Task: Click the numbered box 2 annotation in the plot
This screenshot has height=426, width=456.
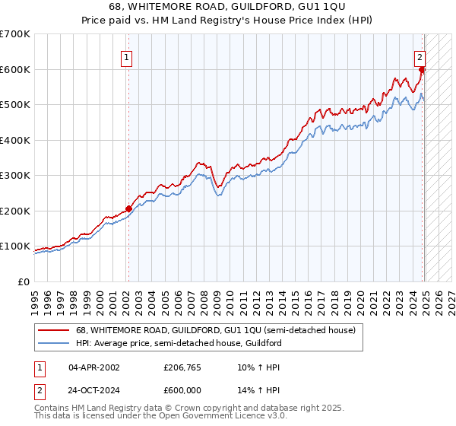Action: (420, 56)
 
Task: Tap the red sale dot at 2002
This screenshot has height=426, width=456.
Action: (128, 208)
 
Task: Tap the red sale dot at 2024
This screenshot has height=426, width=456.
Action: (423, 70)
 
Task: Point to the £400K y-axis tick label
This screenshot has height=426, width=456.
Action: (14, 140)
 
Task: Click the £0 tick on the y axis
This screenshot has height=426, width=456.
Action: (23, 281)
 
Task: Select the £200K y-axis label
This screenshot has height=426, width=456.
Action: (14, 211)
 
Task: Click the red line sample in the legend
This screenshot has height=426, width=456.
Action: (52, 330)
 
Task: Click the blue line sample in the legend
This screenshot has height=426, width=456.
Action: (52, 343)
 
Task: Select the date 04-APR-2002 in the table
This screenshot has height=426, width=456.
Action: (93, 367)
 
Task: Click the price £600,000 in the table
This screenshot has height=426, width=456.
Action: (182, 389)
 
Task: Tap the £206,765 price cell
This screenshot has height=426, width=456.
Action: (182, 367)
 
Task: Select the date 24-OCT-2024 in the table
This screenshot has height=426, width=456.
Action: (93, 389)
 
